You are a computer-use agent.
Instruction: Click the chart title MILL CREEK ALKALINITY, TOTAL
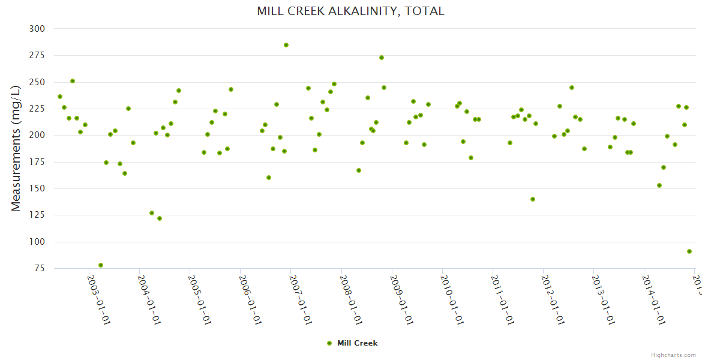[x=350, y=11]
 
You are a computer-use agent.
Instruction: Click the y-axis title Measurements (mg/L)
[x=16, y=148]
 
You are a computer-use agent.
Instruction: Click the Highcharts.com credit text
[x=673, y=355]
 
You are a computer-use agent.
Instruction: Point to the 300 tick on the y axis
[x=37, y=29]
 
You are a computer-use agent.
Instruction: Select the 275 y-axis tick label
[x=37, y=55]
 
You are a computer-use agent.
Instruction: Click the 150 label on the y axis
[x=37, y=188]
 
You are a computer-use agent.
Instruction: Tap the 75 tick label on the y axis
[x=39, y=268]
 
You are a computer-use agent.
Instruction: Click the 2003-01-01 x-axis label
[x=100, y=300]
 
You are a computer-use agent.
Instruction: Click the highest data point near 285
[x=286, y=45]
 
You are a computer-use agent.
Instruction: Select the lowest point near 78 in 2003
[x=101, y=265]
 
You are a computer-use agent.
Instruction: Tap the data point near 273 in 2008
[x=382, y=58]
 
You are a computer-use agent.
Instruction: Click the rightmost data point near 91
[x=689, y=251]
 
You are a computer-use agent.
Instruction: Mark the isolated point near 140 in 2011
[x=533, y=199]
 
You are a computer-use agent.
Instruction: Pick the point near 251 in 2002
[x=73, y=81]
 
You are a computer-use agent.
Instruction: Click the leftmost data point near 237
[x=60, y=97]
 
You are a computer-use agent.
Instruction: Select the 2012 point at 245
[x=572, y=88]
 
